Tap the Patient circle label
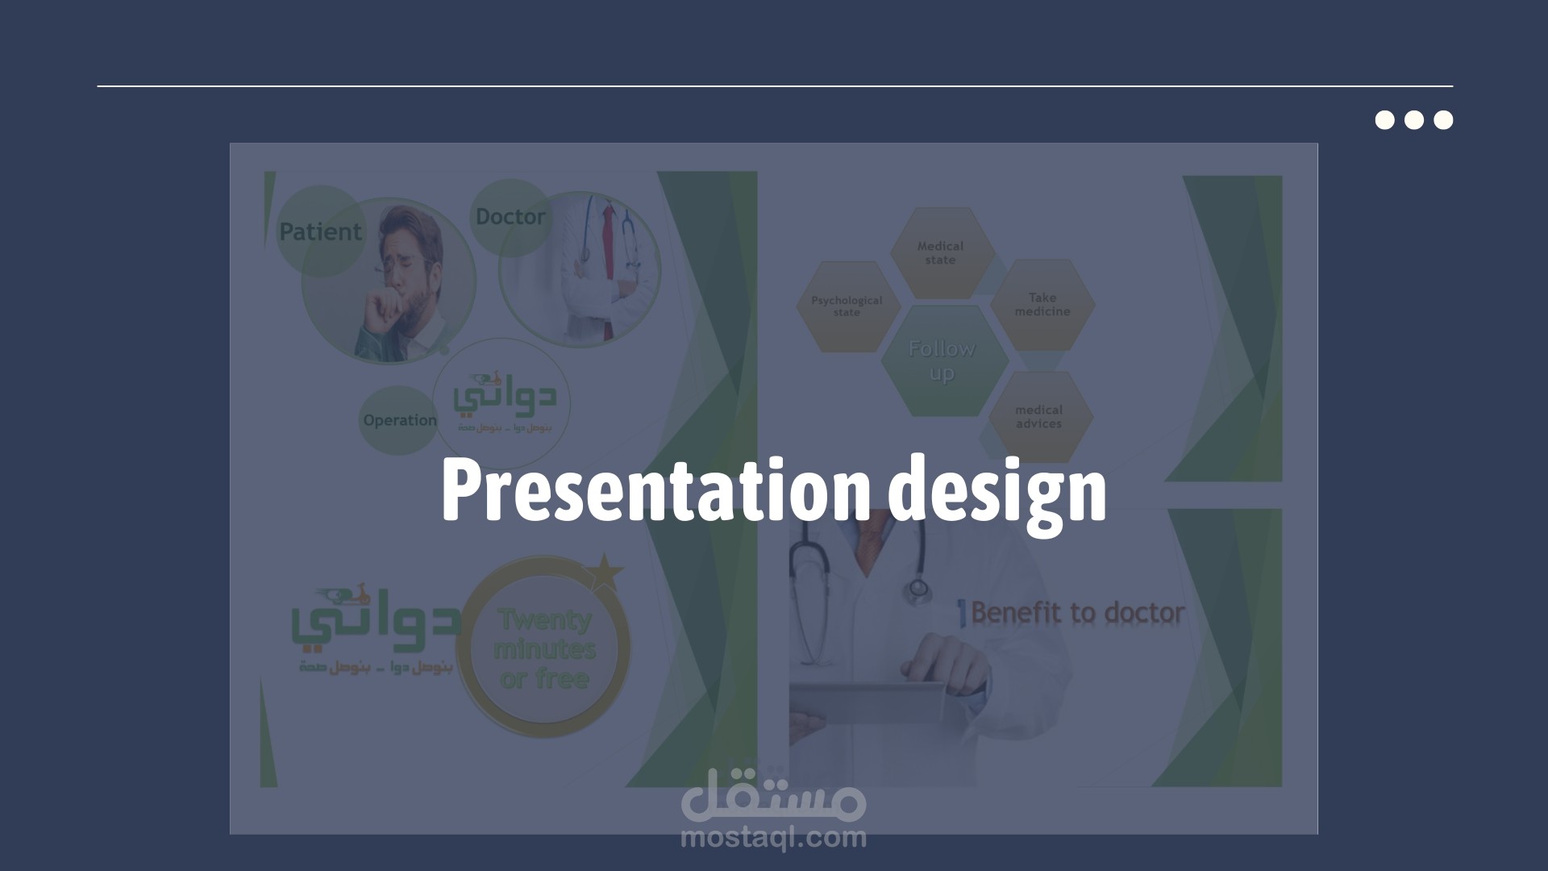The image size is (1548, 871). [320, 231]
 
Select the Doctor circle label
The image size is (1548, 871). [510, 217]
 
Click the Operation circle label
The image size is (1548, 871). [399, 420]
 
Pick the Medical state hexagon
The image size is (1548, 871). [940, 253]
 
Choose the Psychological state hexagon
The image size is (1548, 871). [847, 306]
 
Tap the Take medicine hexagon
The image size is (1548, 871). [1042, 305]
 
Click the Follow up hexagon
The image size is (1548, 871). [942, 360]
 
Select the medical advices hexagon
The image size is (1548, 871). [1038, 417]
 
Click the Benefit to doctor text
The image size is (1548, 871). [1077, 613]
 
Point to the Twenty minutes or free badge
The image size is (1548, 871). [545, 649]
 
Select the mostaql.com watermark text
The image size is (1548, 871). [773, 838]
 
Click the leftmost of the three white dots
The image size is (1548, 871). [1384, 120]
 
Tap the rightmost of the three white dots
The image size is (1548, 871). [1443, 120]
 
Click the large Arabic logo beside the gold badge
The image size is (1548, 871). [375, 625]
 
